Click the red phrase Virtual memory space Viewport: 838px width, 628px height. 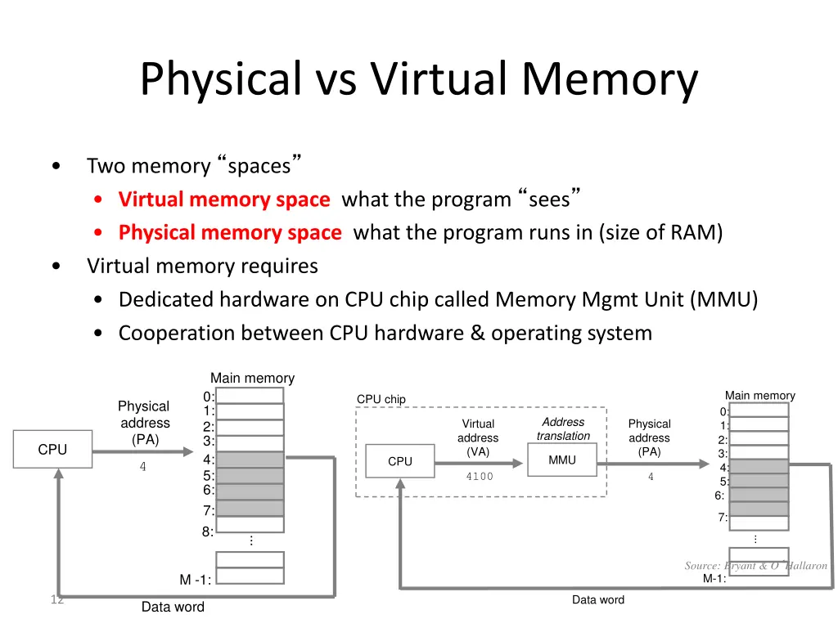point(223,200)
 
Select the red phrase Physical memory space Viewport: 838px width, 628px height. point(229,233)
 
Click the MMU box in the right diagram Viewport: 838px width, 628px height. point(562,460)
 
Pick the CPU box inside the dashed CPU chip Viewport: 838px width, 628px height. point(400,462)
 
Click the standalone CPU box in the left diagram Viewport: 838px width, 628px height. point(52,450)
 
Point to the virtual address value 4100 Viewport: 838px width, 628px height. point(480,477)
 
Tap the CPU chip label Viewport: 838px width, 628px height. point(381,399)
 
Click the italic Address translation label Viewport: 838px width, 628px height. point(563,429)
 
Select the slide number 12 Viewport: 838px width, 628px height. point(56,600)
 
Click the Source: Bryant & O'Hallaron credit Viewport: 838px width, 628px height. point(755,566)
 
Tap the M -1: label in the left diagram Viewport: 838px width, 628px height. point(196,580)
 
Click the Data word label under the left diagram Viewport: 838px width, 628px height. point(173,607)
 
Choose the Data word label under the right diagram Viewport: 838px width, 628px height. point(597,600)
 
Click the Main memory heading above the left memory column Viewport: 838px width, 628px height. point(252,378)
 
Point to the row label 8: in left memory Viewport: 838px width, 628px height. point(208,532)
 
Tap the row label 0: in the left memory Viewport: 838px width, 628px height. point(209,397)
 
